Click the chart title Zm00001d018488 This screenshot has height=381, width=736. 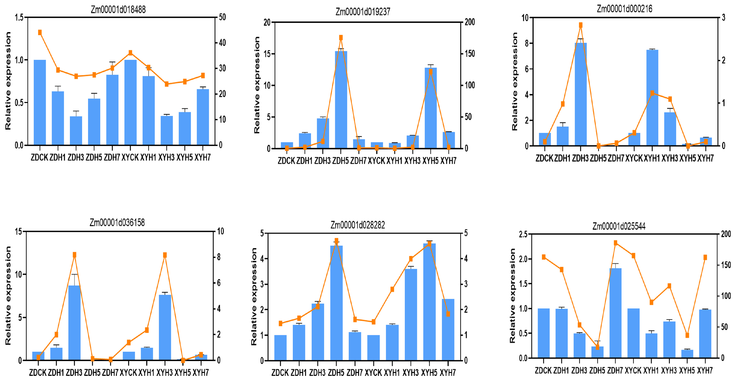(x=118, y=10)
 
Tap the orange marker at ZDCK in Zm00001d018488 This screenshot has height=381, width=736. (x=40, y=33)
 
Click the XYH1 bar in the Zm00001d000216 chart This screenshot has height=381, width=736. (x=652, y=97)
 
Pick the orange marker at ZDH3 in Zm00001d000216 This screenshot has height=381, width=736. (x=581, y=25)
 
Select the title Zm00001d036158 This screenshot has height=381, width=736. (x=117, y=222)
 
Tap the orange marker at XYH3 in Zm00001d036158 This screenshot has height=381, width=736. (x=165, y=255)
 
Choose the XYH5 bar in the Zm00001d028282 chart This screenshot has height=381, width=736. (x=429, y=302)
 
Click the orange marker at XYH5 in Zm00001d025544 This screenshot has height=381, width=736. (x=687, y=335)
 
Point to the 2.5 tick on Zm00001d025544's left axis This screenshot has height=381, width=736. (x=523, y=234)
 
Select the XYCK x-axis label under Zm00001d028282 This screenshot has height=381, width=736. (x=373, y=373)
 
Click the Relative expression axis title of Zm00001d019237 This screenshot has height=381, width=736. (x=257, y=85)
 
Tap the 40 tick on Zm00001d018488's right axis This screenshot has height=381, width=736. (x=222, y=43)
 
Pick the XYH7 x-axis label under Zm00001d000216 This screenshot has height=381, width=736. (x=705, y=158)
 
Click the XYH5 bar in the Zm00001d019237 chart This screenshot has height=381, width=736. (x=431, y=108)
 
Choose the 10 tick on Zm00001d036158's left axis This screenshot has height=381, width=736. (x=19, y=275)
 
